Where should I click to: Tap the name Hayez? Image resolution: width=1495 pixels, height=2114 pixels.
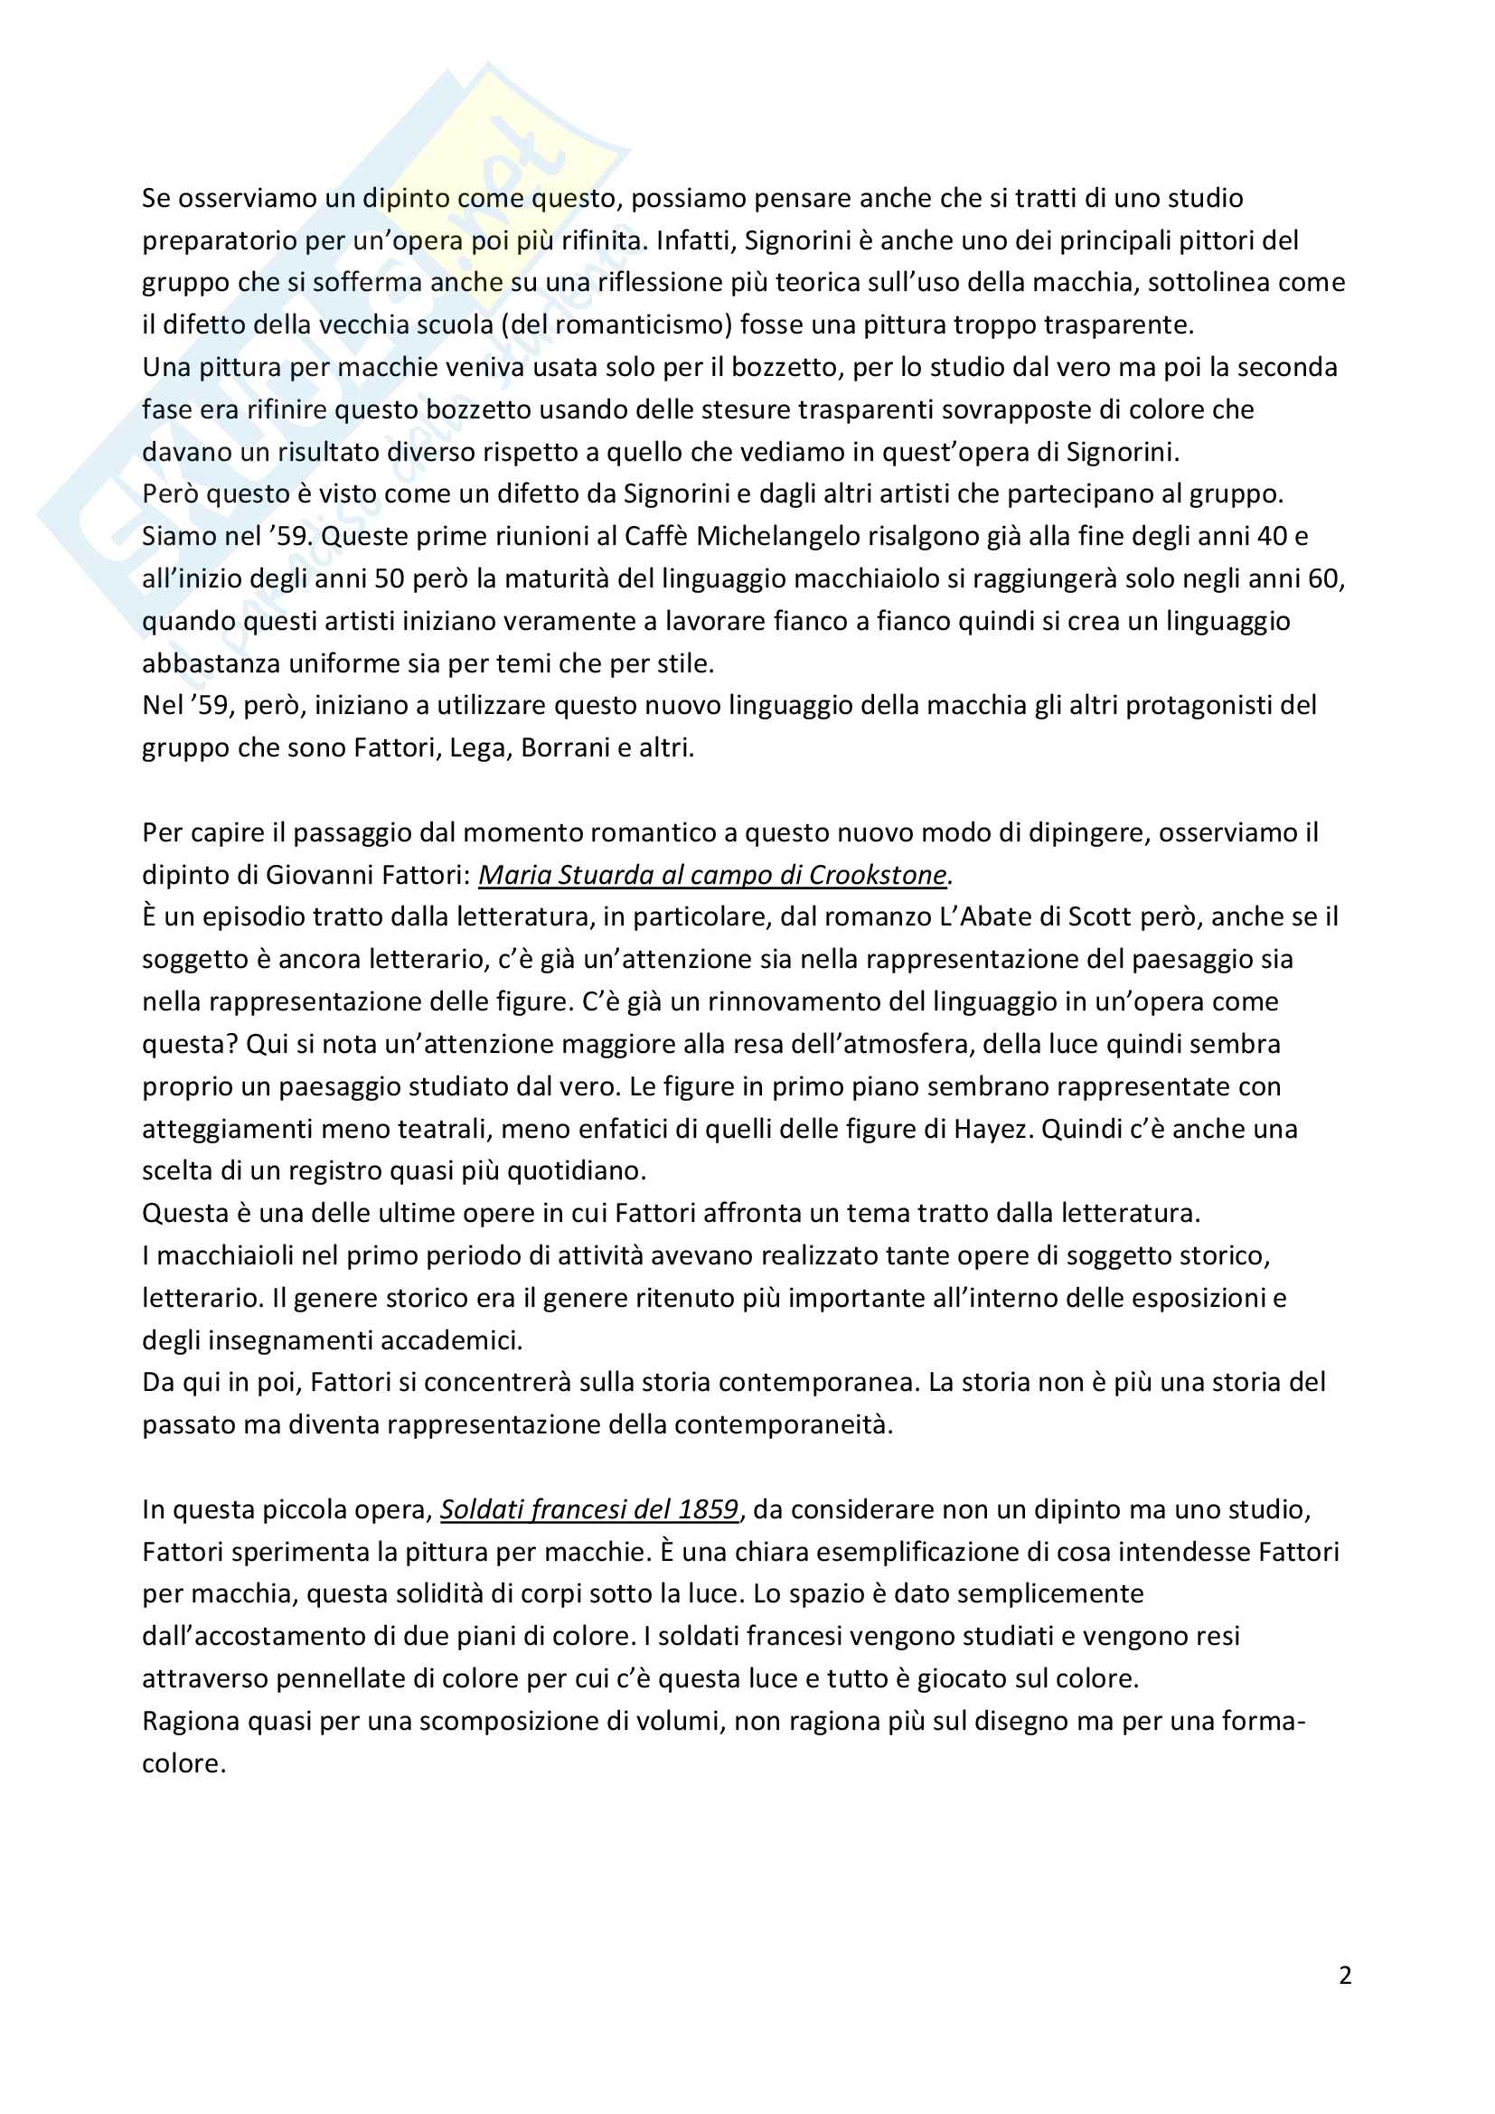click(990, 1129)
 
